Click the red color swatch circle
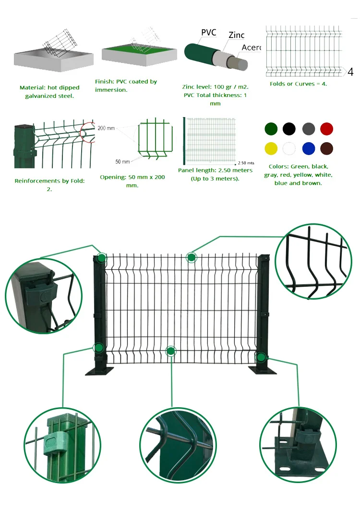pos(326,129)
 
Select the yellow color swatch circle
pos(271,148)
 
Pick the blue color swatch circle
pos(308,148)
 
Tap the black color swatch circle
pos(289,129)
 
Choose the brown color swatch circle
pos(326,148)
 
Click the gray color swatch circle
pos(308,129)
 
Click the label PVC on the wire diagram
pos(208,33)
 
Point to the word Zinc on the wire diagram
pos(236,35)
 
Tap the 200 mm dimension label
pos(106,128)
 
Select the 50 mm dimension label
pos(122,161)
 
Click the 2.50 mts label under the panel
pos(246,163)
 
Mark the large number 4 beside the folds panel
pos(350,73)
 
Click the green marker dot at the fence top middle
pos(191,258)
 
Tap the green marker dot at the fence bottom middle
pos(170,351)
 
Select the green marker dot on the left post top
pos(101,258)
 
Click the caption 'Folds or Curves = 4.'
pos(298,84)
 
